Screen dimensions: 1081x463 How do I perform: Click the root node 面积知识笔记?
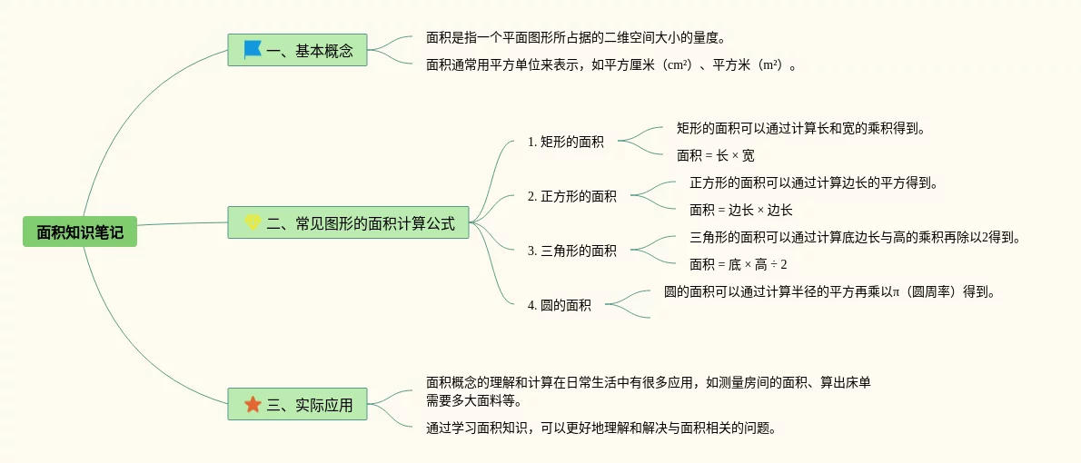tap(80, 232)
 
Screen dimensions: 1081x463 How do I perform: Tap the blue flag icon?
tap(253, 50)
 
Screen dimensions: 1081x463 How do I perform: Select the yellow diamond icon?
tap(253, 222)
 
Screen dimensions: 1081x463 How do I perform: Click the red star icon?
tap(253, 404)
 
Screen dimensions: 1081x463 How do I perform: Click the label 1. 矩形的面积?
tap(565, 142)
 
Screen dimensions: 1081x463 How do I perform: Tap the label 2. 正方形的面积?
tap(571, 196)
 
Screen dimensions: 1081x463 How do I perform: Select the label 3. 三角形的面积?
tap(571, 251)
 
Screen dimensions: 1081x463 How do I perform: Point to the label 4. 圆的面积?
tap(559, 305)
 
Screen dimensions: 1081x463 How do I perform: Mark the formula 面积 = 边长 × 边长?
tap(740, 210)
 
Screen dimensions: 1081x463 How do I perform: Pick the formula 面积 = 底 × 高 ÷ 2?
tap(738, 264)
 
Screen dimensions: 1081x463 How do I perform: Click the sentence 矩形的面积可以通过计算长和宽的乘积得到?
tap(800, 128)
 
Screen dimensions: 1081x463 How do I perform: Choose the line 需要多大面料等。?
tap(473, 399)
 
